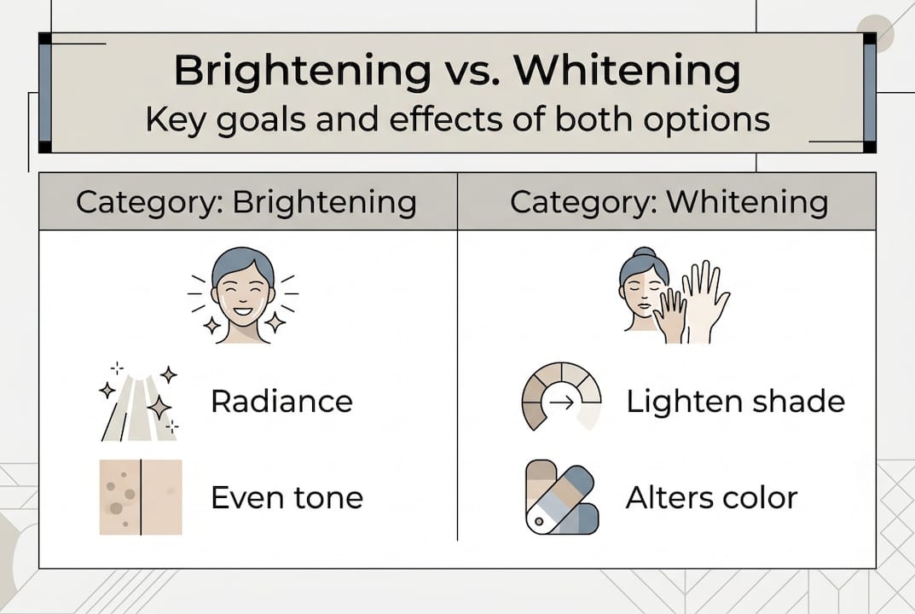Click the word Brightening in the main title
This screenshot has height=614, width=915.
tap(303, 72)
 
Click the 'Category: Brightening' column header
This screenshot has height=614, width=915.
tap(246, 202)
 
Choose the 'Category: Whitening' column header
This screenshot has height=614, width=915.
tap(669, 202)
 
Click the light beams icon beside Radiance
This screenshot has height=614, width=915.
tap(139, 403)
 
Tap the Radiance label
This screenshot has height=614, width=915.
tap(281, 401)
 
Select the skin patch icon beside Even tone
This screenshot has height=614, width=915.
tap(141, 497)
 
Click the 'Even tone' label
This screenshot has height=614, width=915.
tap(287, 497)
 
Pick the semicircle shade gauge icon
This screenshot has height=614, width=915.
tap(560, 397)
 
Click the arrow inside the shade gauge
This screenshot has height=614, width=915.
tap(561, 403)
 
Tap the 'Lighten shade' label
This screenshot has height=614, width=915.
tap(735, 401)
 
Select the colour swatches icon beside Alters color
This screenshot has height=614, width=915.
tap(560, 497)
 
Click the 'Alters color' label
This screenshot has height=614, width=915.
tap(711, 497)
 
